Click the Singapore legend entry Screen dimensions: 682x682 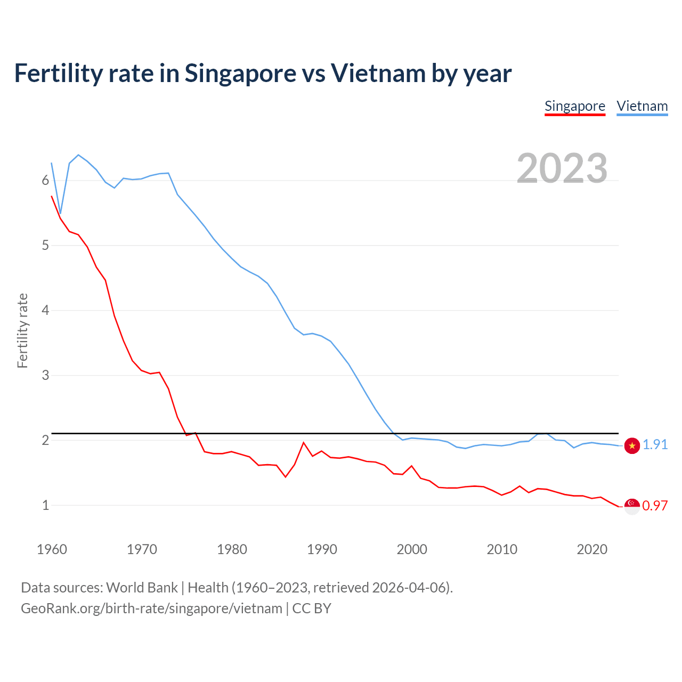(574, 106)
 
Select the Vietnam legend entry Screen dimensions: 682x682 (642, 106)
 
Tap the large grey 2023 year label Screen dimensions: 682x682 (562, 168)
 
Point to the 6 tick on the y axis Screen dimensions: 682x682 (45, 181)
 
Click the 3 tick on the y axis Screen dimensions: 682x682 (45, 375)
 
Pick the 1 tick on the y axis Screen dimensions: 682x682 (45, 505)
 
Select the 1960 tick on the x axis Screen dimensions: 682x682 (52, 549)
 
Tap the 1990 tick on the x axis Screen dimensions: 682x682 (322, 549)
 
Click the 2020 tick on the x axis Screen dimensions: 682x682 (592, 549)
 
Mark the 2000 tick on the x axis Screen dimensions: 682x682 (412, 549)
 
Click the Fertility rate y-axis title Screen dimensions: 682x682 (22, 330)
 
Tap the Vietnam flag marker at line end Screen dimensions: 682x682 (632, 446)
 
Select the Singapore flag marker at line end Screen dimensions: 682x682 (632, 506)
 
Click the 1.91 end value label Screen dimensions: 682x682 (655, 444)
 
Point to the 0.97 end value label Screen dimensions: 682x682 (655, 506)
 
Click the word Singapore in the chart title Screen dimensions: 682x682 (240, 73)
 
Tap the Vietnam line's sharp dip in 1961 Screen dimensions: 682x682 (61, 213)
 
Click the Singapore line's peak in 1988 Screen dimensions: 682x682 (304, 443)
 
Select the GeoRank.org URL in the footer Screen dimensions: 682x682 (151, 608)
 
